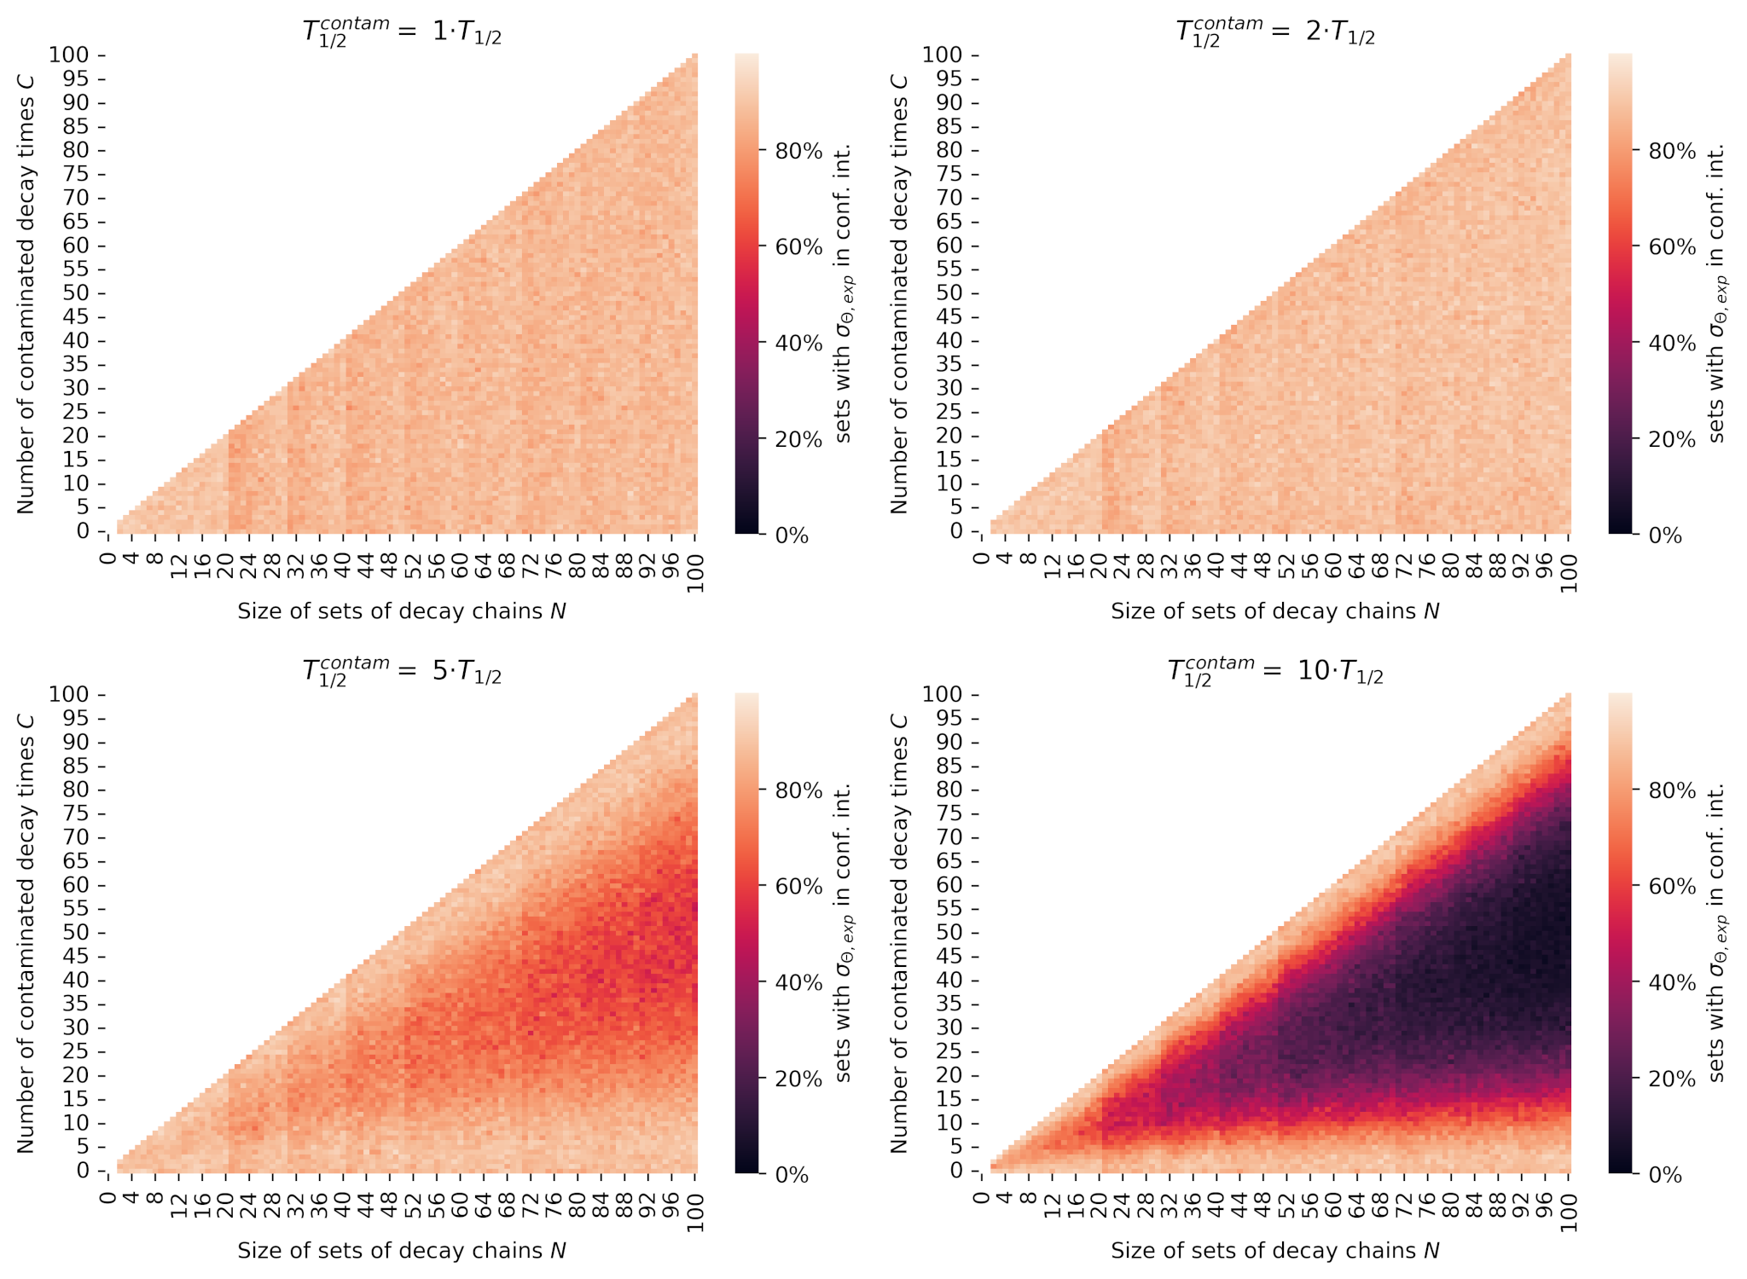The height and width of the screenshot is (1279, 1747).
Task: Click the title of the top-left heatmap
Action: point(402,32)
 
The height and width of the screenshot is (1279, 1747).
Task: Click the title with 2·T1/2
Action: point(1275,32)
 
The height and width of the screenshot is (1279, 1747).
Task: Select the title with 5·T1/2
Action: point(402,672)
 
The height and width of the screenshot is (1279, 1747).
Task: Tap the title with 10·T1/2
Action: point(1275,672)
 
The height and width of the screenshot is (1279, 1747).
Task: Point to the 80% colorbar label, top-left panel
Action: point(798,152)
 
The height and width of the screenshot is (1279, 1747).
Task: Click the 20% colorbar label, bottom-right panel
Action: point(1672,1079)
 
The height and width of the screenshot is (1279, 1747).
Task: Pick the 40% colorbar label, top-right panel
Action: point(1672,344)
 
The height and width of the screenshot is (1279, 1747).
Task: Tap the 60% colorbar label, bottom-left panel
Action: point(798,887)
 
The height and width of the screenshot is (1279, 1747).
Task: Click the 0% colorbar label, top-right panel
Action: point(1665,536)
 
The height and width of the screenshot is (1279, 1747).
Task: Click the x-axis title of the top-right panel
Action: point(1275,611)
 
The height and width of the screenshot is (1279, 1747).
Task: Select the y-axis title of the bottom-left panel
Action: point(26,933)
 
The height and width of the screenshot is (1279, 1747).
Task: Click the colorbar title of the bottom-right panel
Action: point(1716,933)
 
